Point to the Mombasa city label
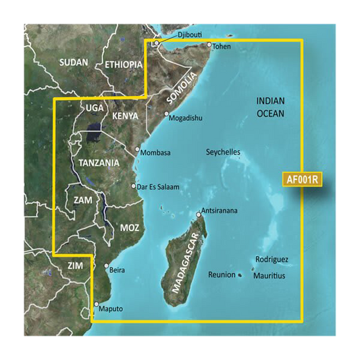point(157,153)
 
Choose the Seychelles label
point(223,153)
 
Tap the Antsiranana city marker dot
point(199,215)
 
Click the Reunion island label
point(222,275)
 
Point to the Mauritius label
point(269,276)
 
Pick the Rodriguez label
point(272,259)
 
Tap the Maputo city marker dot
point(97,304)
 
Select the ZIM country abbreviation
point(75,266)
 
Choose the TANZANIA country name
point(99,163)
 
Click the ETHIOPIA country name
point(124,65)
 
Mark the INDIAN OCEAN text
point(271,107)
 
